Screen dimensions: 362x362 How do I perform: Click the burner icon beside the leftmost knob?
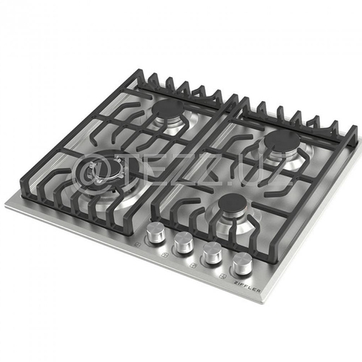[139, 245]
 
